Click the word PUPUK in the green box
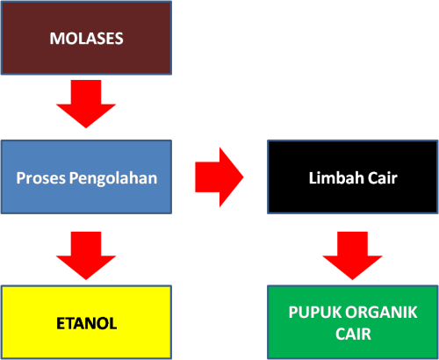point(313,313)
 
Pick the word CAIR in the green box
point(353,333)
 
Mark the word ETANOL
point(85,323)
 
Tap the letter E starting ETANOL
point(58,323)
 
